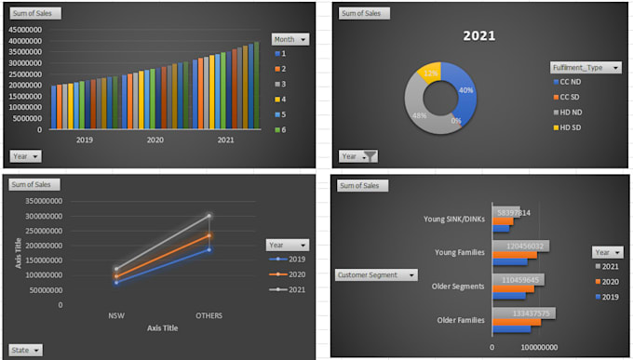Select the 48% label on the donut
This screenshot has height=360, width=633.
pyautogui.click(x=420, y=115)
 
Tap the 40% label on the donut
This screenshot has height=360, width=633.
pyautogui.click(x=466, y=90)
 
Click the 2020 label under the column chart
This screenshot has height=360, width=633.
pyautogui.click(x=155, y=140)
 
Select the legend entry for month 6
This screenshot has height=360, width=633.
pyautogui.click(x=283, y=129)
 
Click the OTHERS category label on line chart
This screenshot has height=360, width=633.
pyautogui.click(x=209, y=315)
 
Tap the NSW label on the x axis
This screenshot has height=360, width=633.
pyautogui.click(x=116, y=315)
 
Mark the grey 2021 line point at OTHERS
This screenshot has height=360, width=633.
pyautogui.click(x=209, y=216)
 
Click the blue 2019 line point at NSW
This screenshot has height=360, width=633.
pyautogui.click(x=116, y=282)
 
